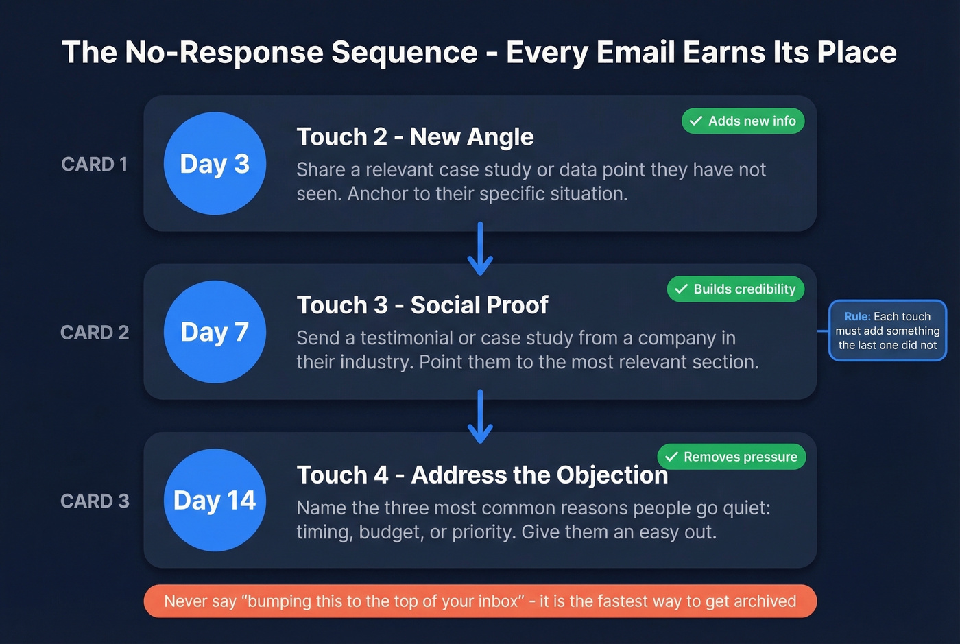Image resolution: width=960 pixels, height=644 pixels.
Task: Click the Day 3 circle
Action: [215, 164]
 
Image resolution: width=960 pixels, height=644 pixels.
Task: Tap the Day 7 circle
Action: [215, 332]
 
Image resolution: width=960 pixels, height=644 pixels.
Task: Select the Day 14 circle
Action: [215, 500]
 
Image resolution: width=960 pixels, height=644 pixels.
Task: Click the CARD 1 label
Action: [95, 165]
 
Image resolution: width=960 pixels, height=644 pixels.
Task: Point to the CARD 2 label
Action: [95, 333]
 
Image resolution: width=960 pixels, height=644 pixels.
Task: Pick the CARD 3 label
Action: [95, 501]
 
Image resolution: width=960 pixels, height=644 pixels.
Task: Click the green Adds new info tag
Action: [743, 121]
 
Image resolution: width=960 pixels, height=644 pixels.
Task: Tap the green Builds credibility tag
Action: [735, 289]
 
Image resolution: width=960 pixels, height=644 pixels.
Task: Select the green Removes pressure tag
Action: [731, 457]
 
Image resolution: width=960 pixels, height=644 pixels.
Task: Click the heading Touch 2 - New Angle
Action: [415, 137]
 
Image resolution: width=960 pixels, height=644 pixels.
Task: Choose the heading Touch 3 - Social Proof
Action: [422, 305]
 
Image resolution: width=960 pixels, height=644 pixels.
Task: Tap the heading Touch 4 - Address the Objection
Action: [482, 475]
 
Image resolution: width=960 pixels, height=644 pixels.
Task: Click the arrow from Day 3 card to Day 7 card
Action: [480, 248]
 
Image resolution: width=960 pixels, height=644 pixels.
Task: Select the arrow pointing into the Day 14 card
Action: [480, 416]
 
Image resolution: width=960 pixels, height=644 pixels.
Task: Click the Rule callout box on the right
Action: [887, 331]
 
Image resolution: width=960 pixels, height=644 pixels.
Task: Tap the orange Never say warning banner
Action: [480, 601]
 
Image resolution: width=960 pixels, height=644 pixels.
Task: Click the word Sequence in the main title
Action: [405, 53]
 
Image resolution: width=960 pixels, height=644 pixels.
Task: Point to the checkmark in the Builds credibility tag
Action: [681, 289]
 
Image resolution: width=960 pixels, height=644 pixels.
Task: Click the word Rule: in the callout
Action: [857, 317]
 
